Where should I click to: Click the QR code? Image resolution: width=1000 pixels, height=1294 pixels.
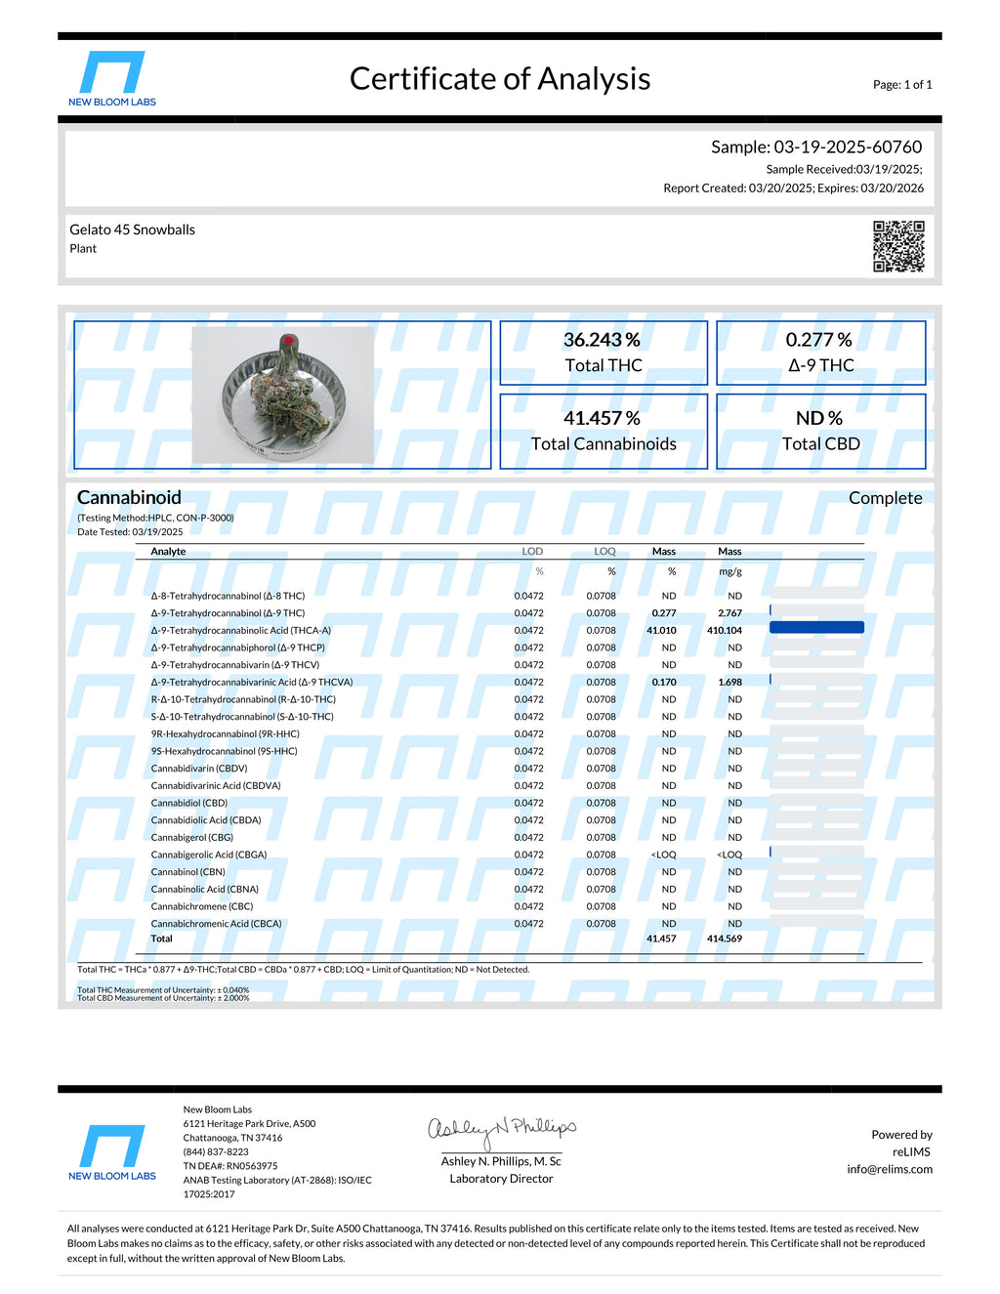pos(898,246)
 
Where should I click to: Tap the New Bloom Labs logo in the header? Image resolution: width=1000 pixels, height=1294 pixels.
pos(112,78)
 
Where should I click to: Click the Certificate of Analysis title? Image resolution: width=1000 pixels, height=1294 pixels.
pos(500,79)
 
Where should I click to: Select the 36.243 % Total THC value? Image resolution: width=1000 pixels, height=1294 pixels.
pos(602,340)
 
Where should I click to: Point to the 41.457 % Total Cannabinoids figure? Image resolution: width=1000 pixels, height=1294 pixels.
pos(602,418)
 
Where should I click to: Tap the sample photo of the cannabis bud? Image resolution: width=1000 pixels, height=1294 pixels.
pos(283,395)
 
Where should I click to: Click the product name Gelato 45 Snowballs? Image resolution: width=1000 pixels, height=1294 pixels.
pos(132,230)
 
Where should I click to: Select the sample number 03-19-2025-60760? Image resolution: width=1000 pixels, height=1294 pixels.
pos(847,147)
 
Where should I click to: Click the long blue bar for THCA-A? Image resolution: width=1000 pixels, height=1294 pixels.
pos(816,628)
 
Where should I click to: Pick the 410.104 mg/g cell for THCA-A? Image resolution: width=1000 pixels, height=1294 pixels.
pos(724,631)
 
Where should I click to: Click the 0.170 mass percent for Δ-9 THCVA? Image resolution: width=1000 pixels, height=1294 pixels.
pos(663,683)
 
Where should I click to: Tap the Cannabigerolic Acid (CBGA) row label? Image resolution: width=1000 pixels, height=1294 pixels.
pos(208,855)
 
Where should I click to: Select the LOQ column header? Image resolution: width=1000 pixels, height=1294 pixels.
pos(604,552)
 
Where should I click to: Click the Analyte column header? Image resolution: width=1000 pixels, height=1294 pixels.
pos(168,552)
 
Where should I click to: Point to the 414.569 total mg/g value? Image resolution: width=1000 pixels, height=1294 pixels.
pos(724,939)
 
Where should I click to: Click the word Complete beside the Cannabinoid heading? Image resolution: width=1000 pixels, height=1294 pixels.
pos(885,498)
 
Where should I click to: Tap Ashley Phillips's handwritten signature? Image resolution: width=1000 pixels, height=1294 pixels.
pos(502,1130)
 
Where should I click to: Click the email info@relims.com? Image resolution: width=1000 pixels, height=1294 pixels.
pos(889,1169)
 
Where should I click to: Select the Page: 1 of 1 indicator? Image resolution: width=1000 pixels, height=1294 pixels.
pos(902,85)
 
